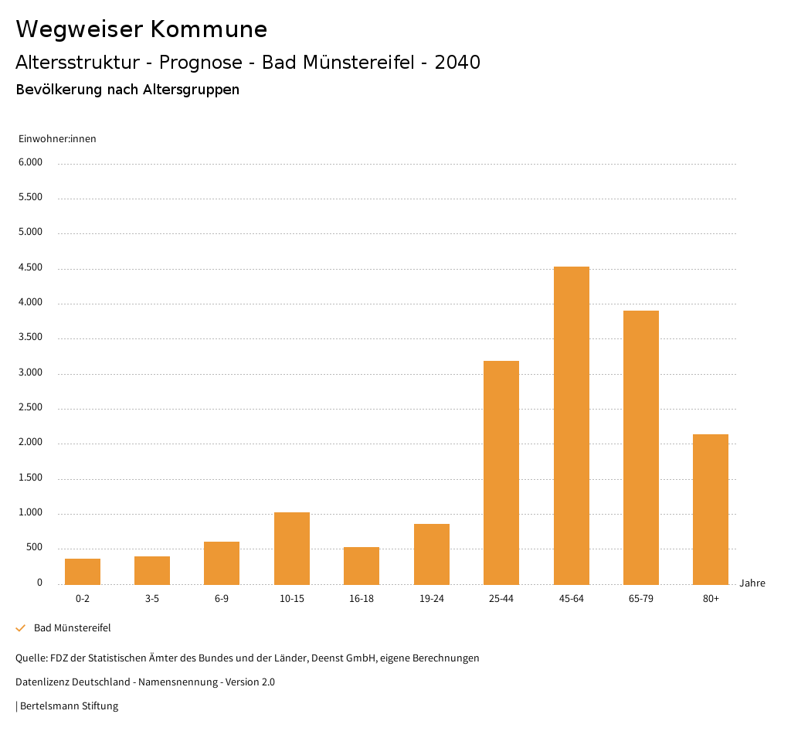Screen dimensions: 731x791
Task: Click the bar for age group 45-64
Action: [571, 425]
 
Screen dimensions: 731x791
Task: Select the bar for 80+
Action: [711, 509]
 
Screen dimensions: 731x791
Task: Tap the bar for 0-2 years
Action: [83, 571]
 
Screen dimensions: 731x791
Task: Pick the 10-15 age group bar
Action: [292, 548]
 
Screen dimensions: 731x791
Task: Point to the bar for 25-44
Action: [501, 472]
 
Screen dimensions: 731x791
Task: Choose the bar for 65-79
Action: [641, 447]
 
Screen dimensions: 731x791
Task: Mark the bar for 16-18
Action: [362, 566]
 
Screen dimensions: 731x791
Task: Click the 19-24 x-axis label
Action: [431, 599]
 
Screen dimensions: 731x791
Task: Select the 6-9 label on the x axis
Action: [222, 599]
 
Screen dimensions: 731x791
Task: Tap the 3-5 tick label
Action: [152, 599]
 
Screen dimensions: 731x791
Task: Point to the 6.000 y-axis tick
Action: [30, 162]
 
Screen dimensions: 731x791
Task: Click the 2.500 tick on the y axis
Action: [30, 408]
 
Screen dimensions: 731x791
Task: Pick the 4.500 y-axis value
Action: [30, 268]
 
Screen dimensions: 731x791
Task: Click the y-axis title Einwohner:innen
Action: [57, 139]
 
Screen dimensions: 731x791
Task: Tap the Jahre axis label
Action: [752, 583]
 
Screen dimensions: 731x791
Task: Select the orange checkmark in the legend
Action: [21, 628]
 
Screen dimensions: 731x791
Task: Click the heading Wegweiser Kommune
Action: [141, 29]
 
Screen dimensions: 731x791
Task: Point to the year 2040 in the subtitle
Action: [457, 63]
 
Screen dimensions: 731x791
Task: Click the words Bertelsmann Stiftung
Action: [69, 706]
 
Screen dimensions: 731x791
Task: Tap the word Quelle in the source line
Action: [30, 658]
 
